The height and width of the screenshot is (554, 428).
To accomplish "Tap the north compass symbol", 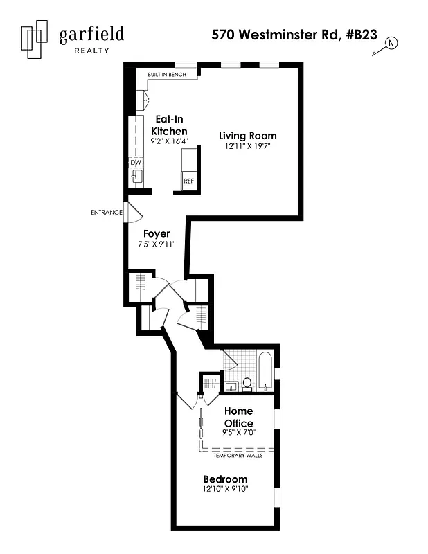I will click(x=391, y=43).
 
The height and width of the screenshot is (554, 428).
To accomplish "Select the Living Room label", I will click(x=248, y=136).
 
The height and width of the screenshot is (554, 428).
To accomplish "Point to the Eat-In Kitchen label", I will click(x=170, y=125).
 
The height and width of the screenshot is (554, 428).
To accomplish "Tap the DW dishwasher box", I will click(x=135, y=163).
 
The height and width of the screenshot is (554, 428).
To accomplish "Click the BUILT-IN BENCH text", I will click(x=167, y=75).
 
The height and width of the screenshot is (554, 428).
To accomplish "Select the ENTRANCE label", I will click(x=107, y=213).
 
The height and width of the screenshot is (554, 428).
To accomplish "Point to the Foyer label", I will click(x=157, y=234).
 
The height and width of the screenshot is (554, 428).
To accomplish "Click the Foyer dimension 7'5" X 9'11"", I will click(x=157, y=244).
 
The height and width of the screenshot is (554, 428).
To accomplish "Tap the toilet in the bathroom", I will click(x=247, y=383).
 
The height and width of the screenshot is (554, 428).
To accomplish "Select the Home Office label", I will click(x=238, y=417).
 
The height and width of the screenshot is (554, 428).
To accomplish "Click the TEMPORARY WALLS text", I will click(x=237, y=455).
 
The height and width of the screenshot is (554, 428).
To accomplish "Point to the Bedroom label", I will click(x=225, y=479).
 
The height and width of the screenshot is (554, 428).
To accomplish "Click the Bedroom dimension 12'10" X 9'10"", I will click(x=225, y=490).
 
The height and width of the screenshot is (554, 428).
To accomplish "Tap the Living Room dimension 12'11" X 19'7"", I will click(x=248, y=146).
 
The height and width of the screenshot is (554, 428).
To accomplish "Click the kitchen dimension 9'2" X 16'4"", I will click(x=170, y=141).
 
